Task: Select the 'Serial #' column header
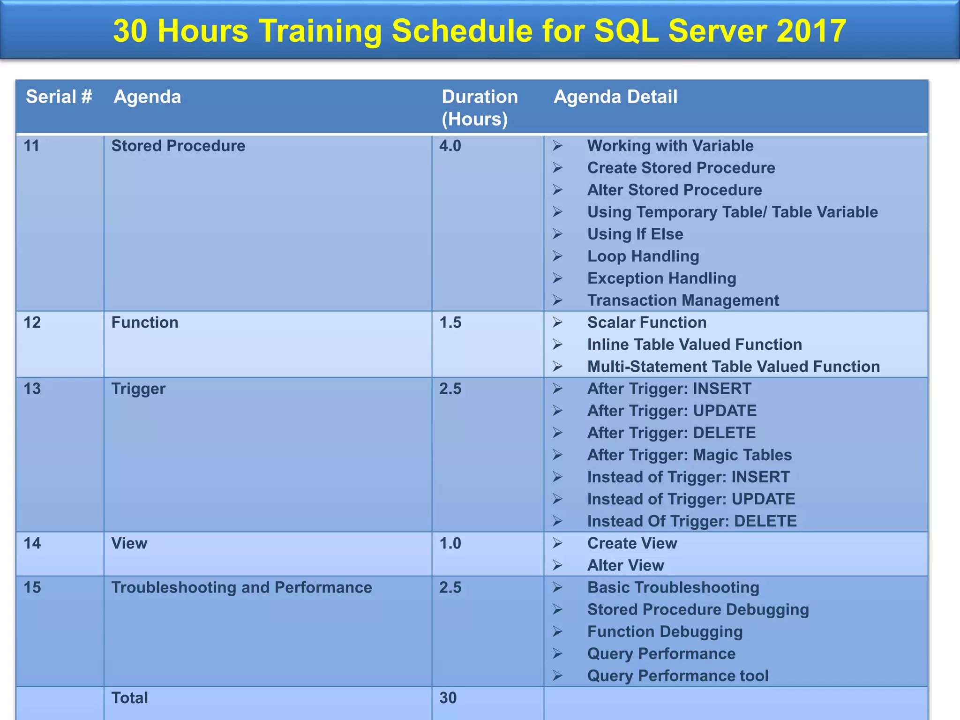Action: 59,97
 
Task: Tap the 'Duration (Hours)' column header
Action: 479,108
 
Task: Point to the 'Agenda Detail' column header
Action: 615,97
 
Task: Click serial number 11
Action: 31,146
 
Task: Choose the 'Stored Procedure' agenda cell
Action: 178,146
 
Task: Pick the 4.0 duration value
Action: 450,146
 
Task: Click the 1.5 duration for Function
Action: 450,322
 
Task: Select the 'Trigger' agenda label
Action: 138,389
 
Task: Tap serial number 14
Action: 32,543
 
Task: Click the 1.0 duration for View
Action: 450,543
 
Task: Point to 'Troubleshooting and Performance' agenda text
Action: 241,587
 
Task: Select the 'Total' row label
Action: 129,698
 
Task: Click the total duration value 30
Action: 448,698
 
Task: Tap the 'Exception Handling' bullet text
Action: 661,278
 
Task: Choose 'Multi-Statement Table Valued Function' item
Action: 733,367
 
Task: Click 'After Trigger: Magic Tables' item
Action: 689,455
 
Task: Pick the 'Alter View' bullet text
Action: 625,565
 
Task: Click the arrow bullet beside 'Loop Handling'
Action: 557,256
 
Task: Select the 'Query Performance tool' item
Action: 677,676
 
